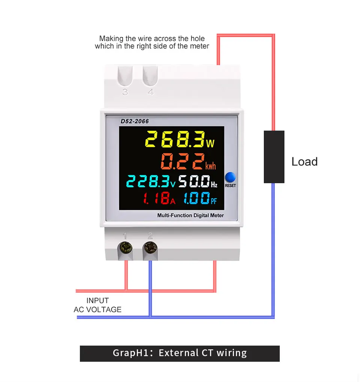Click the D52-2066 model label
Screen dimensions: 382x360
point(135,121)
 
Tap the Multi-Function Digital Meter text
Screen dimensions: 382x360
point(190,215)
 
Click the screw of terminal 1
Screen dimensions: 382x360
point(125,248)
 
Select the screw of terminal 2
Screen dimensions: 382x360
point(150,248)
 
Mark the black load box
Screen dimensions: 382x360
point(274,157)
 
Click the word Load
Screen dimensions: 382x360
point(304,162)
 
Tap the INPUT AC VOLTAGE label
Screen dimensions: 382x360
point(97,305)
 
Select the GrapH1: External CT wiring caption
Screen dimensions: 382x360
point(180,353)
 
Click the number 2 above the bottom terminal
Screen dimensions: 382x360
point(150,236)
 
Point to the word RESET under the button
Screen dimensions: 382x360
point(230,186)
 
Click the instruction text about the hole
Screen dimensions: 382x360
point(152,42)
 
